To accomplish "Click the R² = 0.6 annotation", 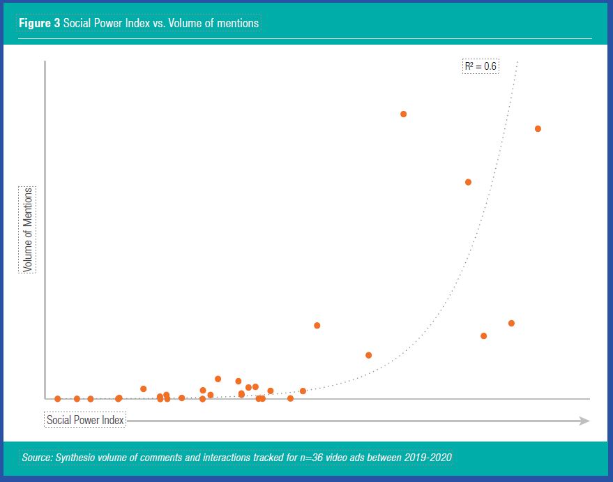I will tap(480, 67).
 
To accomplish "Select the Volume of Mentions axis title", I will tap(28, 229).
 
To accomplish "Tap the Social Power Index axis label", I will tap(85, 421).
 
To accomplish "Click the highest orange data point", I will tap(403, 114).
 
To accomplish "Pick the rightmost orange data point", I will tap(538, 128).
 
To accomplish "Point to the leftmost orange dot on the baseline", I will tap(57, 399).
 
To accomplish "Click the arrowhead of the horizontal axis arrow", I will tap(584, 421).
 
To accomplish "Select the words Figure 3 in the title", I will tap(39, 23).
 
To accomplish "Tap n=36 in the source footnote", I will tap(308, 458).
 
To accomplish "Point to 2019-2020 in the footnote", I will tap(427, 458).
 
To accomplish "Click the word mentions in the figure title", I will tap(237, 23).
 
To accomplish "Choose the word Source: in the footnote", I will tap(38, 458).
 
